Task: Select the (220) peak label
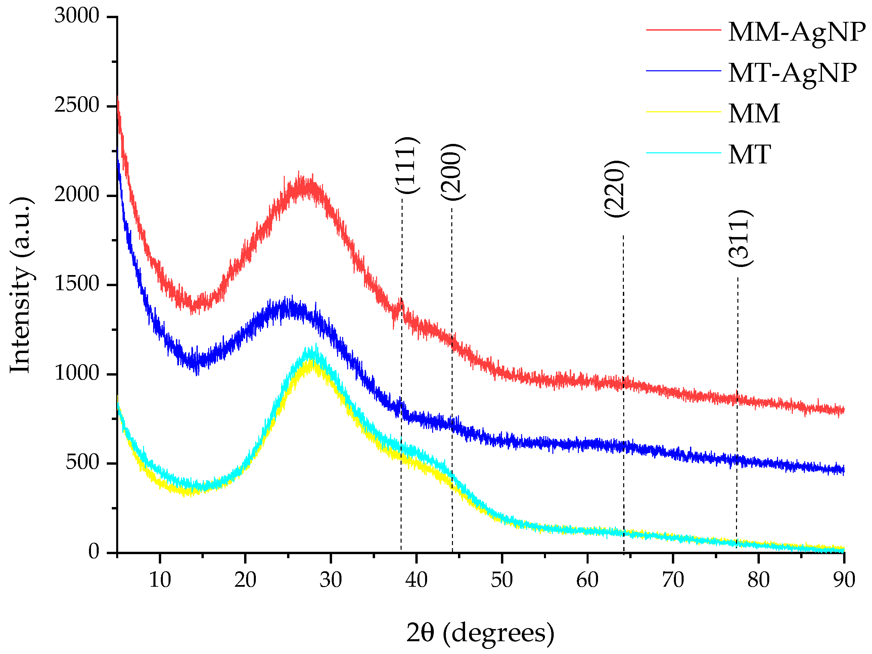click(x=615, y=189)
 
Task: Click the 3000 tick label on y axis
click(x=77, y=16)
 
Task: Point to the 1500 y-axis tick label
click(x=77, y=284)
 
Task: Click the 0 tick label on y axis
click(x=94, y=551)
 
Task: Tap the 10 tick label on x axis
click(x=159, y=580)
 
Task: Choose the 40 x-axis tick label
click(x=416, y=580)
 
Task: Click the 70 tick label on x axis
click(x=673, y=580)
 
